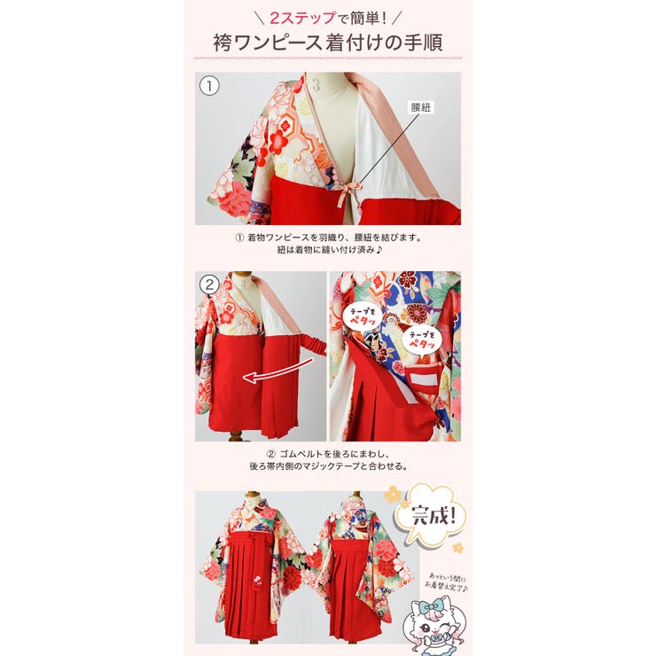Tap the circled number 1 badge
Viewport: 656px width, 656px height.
[x=208, y=86]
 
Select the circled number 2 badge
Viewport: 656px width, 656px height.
[x=209, y=285]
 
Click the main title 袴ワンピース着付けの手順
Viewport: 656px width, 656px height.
[x=327, y=42]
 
